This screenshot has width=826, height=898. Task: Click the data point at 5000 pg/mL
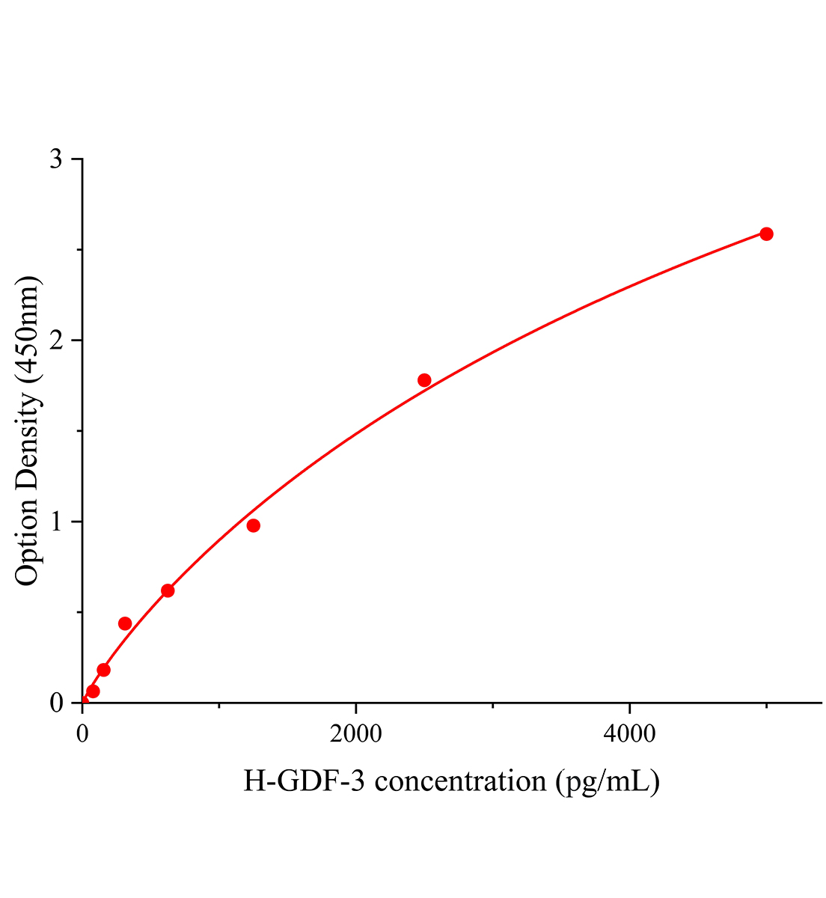point(766,234)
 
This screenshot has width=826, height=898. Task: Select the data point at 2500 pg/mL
point(424,380)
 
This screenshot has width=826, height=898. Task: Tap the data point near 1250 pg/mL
point(253,525)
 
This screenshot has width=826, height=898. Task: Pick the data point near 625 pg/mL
point(168,590)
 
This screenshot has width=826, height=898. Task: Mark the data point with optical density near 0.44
point(125,623)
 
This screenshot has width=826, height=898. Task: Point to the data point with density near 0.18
point(103,670)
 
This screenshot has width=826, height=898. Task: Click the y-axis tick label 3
point(56,160)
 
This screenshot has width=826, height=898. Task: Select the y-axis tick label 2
point(56,341)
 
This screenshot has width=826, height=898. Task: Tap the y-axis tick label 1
point(56,522)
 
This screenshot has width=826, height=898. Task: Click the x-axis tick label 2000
point(355,734)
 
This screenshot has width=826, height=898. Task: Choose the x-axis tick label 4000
point(629,734)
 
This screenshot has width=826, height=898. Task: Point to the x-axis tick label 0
point(82,734)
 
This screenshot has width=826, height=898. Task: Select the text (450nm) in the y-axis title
point(28,329)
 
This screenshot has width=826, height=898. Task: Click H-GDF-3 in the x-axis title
point(304,782)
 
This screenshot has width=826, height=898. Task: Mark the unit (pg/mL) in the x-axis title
point(607,782)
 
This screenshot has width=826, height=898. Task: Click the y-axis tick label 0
point(56,703)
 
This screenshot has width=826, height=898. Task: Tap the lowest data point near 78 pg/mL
point(93,691)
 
